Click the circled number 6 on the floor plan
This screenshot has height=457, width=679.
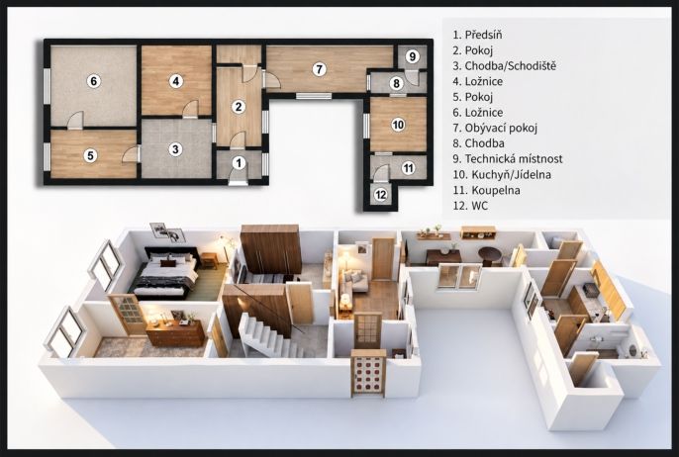(x=93, y=81)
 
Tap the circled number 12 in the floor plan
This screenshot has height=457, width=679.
(x=381, y=195)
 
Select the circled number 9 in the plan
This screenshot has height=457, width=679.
(x=412, y=56)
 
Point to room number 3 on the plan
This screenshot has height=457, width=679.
(x=175, y=149)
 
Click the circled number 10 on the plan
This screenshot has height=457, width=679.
(x=398, y=125)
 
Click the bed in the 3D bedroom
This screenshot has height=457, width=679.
(x=164, y=273)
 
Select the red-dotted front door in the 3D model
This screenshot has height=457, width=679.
(x=368, y=373)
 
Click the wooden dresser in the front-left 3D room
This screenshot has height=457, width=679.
(x=175, y=332)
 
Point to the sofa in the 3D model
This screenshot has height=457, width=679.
(x=353, y=281)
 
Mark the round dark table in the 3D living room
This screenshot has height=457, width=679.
(x=490, y=255)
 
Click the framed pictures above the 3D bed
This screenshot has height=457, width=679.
(x=167, y=231)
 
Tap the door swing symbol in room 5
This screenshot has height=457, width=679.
(x=131, y=154)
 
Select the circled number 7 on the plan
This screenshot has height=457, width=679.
(x=319, y=69)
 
